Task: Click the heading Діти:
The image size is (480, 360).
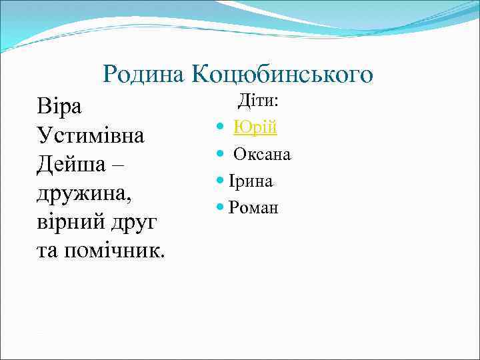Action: click(259, 101)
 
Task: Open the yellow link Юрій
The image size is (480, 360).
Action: click(255, 127)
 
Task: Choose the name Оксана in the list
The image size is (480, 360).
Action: click(262, 154)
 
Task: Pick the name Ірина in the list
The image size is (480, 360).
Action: click(251, 181)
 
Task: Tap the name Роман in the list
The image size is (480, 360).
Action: click(253, 208)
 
